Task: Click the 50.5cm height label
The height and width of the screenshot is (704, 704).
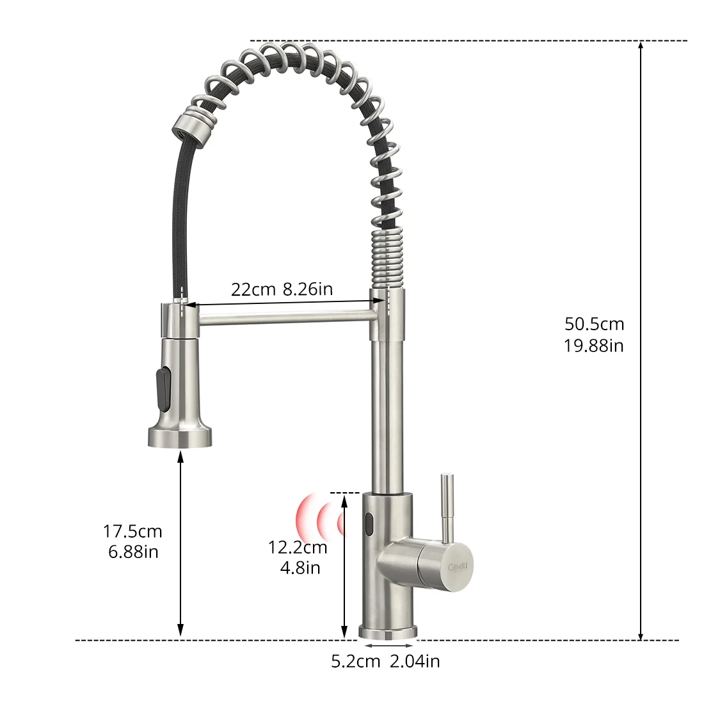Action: [594, 324]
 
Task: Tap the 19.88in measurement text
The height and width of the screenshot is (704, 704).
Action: [594, 346]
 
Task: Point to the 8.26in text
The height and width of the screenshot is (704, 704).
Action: [308, 289]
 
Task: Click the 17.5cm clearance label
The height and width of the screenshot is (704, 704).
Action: [132, 531]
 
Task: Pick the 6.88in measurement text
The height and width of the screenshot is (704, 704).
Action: [132, 551]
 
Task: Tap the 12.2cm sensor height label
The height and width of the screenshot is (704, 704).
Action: [298, 547]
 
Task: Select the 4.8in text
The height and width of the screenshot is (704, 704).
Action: [300, 567]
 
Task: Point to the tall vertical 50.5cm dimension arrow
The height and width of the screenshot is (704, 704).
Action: [641, 339]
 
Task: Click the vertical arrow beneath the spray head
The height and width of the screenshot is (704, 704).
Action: [180, 544]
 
